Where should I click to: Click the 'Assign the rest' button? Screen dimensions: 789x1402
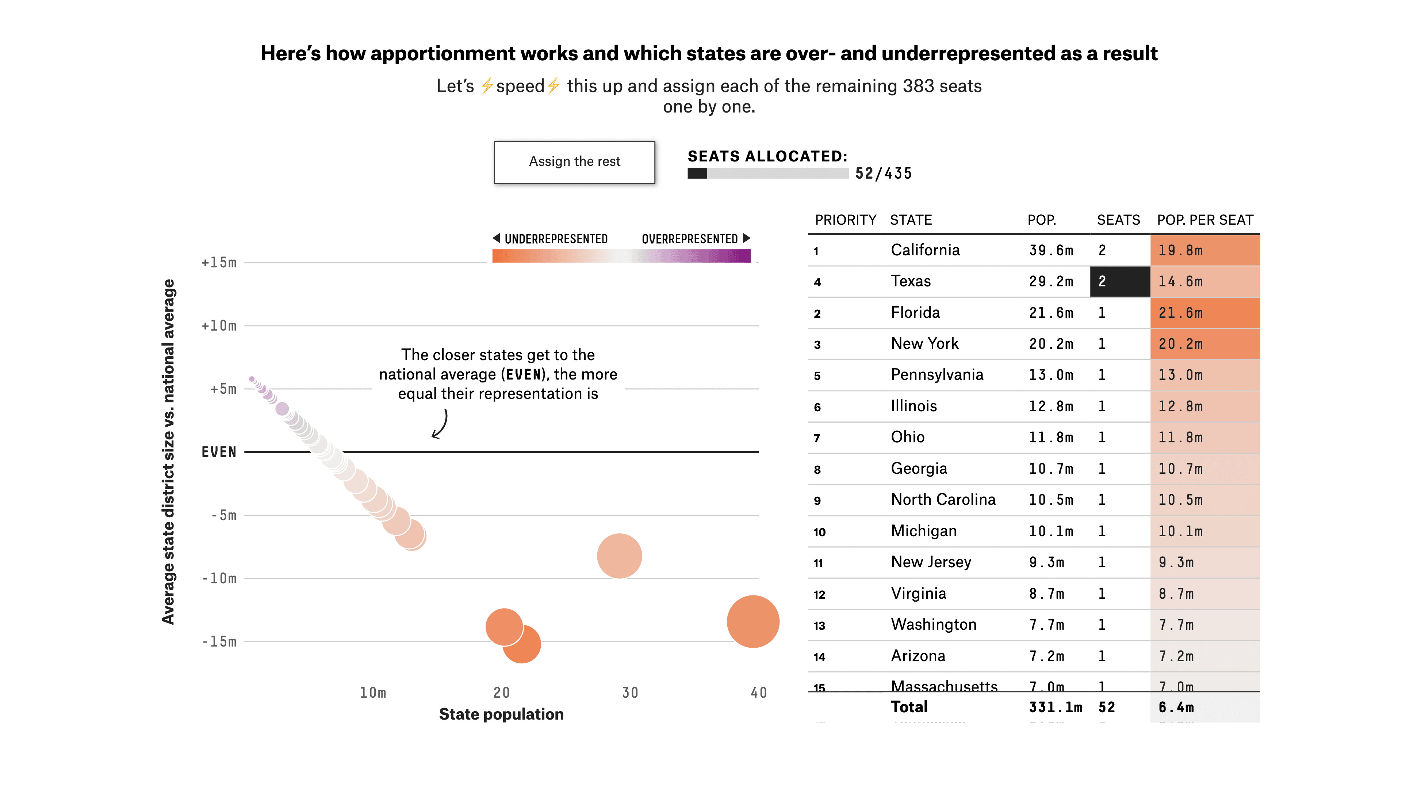tap(574, 162)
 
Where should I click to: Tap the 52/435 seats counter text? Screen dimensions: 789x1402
tap(883, 174)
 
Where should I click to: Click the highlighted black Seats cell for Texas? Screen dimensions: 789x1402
tap(1119, 282)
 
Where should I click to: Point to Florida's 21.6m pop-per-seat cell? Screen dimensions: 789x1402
tap(1204, 313)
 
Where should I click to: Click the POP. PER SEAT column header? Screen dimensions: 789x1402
tap(1204, 220)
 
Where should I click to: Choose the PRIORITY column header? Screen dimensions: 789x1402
tap(845, 220)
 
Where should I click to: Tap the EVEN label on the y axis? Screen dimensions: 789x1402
tap(219, 452)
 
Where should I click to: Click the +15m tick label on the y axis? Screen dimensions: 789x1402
tap(219, 263)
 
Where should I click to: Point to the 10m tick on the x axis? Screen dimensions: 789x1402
tap(373, 693)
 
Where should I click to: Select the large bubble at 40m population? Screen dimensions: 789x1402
tap(753, 621)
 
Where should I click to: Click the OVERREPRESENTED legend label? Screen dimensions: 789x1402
tap(690, 239)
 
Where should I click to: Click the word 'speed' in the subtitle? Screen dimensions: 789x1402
tap(520, 86)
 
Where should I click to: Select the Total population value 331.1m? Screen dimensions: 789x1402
tap(1055, 707)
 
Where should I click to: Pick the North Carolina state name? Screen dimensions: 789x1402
tap(943, 499)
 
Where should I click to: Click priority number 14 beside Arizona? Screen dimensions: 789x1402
tap(819, 657)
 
